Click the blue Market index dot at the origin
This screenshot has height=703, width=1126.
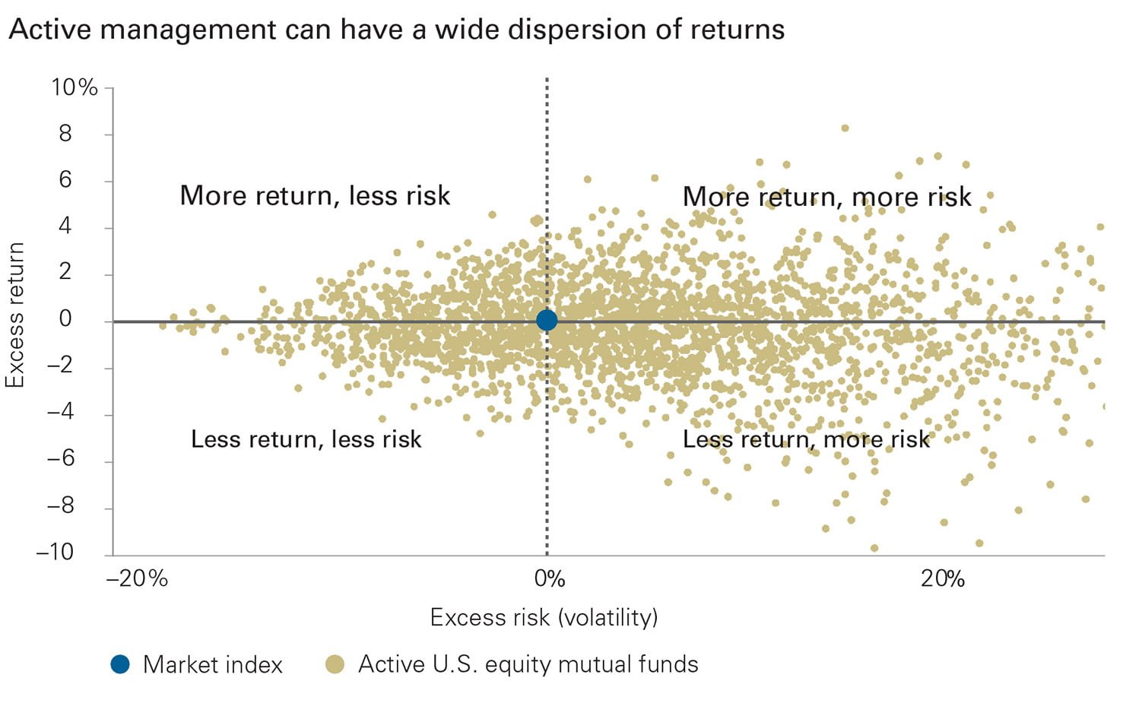coord(546,321)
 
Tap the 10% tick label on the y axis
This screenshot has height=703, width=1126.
coord(75,87)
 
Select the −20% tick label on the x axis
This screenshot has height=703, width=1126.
coord(137,579)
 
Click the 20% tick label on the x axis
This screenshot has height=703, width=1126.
coord(942,579)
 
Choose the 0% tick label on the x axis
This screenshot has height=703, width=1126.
coord(550,579)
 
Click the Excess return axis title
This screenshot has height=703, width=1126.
coord(15,315)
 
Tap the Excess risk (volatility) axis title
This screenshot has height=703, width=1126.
coord(544,617)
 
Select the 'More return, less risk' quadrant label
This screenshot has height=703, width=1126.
coord(315,196)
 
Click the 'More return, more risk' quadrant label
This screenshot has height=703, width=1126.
coord(826,197)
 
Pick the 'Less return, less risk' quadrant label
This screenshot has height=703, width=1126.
coord(306,439)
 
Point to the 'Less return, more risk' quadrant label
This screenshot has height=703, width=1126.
coord(806,439)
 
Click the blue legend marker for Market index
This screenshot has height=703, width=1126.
coord(120,664)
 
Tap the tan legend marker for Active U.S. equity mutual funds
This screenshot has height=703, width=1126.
coord(335,664)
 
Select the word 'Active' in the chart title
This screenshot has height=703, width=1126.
coord(50,30)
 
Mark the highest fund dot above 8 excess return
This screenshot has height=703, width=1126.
coord(845,128)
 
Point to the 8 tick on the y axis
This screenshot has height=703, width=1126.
coord(65,134)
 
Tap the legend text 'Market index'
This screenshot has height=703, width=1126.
coord(213,665)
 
